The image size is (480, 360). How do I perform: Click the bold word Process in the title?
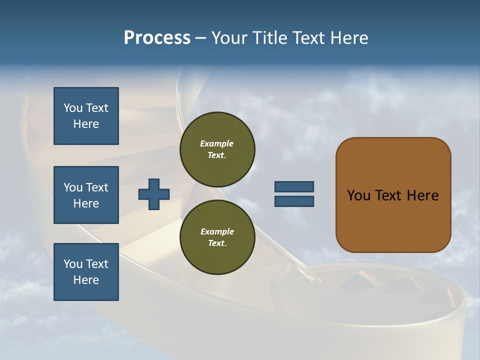tap(157, 38)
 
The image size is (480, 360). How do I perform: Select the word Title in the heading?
tap(269, 38)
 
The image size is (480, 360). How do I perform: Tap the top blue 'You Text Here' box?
tap(86, 116)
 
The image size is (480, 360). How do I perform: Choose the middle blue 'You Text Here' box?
tap(86, 195)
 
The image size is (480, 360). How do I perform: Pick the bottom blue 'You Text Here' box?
tap(86, 272)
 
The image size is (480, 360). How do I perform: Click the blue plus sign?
tap(154, 194)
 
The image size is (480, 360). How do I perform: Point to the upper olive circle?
tap(217, 149)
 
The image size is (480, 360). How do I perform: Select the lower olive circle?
tap(217, 237)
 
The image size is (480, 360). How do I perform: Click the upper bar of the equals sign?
tap(294, 186)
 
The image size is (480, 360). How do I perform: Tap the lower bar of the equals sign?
tap(294, 201)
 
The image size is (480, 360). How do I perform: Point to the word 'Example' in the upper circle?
tap(217, 143)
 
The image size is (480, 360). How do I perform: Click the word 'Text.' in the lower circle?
tap(217, 243)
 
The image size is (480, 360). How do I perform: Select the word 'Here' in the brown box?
tap(422, 195)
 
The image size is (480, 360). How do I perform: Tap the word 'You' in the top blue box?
tap(72, 108)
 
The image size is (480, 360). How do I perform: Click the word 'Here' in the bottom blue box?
tap(86, 280)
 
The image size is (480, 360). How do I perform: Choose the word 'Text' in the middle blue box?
tap(97, 187)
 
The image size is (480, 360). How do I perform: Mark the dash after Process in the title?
tap(200, 38)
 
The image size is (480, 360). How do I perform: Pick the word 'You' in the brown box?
tap(358, 195)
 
